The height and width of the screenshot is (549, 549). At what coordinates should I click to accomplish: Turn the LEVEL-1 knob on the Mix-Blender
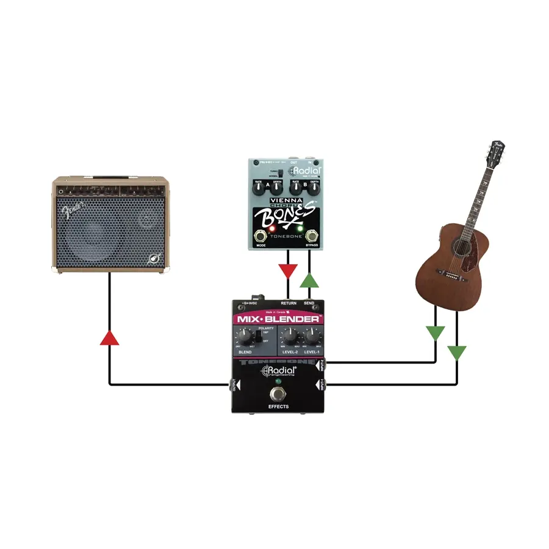pos(312,335)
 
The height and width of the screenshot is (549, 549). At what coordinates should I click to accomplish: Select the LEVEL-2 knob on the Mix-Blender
pos(290,335)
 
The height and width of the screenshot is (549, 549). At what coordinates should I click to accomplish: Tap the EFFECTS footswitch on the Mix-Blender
pos(278,393)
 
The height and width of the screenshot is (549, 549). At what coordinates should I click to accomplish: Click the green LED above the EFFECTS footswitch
pos(278,381)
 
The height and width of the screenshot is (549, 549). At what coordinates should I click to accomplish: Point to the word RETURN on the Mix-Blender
pos(289,303)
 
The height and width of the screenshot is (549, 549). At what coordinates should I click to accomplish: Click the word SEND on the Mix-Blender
pos(309,303)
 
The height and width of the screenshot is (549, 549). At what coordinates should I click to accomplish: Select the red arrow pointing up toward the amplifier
pos(109,337)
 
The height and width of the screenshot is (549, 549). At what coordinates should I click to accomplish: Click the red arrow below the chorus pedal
pos(287,271)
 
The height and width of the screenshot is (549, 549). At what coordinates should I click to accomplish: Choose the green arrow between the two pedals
pos(310,280)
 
